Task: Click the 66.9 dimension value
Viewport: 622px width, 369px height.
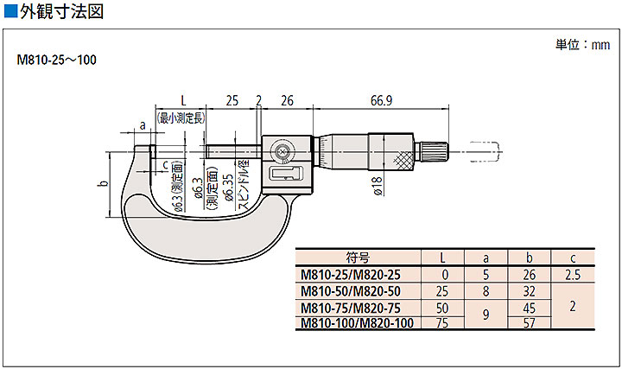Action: (381, 100)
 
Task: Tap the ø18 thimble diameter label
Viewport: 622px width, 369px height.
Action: (378, 186)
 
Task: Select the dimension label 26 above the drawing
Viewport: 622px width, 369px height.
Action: (287, 100)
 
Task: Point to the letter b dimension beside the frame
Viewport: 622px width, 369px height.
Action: (104, 184)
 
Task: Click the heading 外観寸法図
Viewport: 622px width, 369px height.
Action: (62, 11)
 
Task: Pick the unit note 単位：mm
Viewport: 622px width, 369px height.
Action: (582, 44)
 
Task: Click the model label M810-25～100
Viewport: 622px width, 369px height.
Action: (56, 60)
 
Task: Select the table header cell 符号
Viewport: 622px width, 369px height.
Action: (358, 258)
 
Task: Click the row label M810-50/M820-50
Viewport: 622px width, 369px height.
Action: (351, 291)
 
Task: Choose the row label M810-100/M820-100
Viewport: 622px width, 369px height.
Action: (357, 323)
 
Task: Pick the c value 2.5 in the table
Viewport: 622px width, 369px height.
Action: (573, 275)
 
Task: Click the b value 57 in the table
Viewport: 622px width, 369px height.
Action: (530, 323)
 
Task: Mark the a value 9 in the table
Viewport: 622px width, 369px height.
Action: (486, 315)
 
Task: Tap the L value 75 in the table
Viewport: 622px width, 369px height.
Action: (442, 323)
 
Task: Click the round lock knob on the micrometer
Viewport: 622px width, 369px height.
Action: (282, 152)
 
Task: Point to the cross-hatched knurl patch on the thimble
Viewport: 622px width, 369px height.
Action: (403, 161)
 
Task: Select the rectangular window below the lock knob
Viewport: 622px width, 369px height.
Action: (287, 173)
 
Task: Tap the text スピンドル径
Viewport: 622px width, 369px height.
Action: (244, 185)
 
